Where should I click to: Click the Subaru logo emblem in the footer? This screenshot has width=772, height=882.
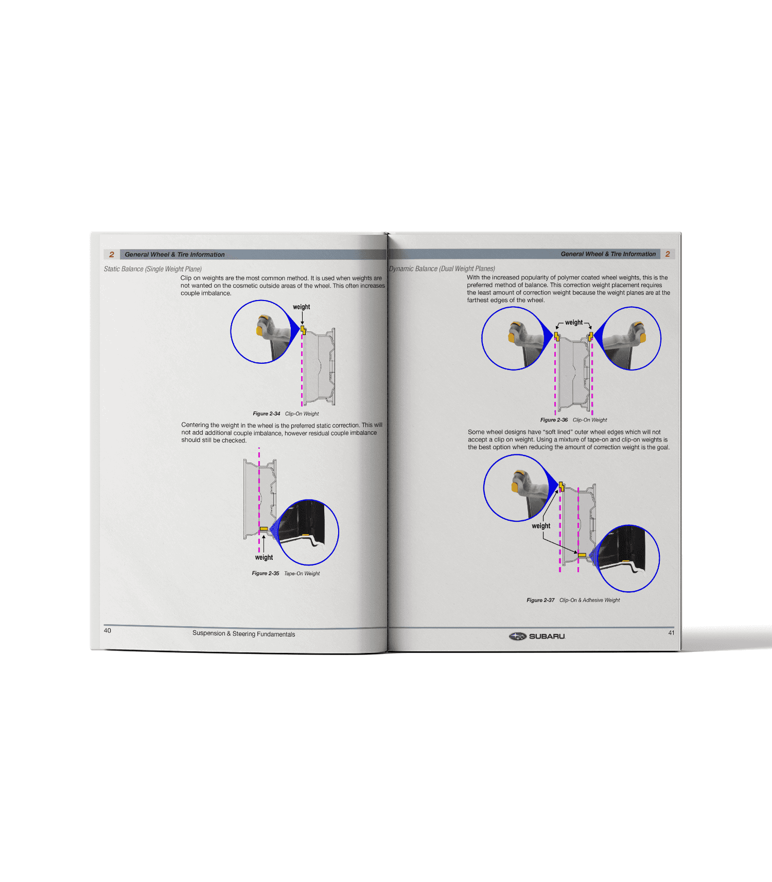518,636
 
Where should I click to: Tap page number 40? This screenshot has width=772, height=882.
108,630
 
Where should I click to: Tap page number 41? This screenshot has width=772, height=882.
671,632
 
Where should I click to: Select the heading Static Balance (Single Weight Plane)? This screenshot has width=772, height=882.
153,269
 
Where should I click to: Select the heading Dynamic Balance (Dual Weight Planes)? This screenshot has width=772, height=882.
442,269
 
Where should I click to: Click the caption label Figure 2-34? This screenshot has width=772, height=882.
267,414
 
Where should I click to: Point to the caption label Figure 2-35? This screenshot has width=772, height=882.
266,573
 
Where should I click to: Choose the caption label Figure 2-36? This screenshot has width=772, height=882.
554,420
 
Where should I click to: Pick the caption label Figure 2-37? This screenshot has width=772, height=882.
540,600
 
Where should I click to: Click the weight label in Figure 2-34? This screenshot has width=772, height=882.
302,307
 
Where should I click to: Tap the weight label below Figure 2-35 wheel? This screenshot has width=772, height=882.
264,557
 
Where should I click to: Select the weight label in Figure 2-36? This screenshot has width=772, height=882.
574,323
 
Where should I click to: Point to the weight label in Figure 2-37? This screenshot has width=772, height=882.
541,526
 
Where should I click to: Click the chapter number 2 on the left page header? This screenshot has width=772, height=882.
112,254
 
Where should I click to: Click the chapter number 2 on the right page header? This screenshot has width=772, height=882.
668,254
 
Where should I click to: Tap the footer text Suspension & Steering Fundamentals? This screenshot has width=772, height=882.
244,634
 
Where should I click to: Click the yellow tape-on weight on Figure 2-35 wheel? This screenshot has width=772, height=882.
264,529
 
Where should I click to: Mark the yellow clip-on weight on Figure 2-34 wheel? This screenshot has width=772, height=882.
303,330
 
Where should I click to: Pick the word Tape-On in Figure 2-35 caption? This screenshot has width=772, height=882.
293,573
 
